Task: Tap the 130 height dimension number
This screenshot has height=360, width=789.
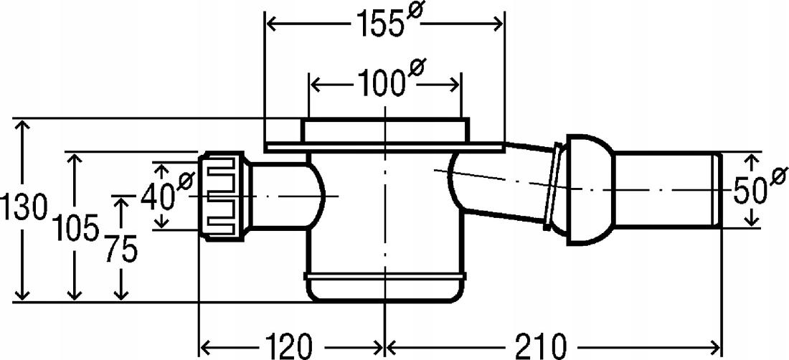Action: (24, 207)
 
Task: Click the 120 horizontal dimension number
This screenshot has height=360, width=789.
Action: (289, 346)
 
